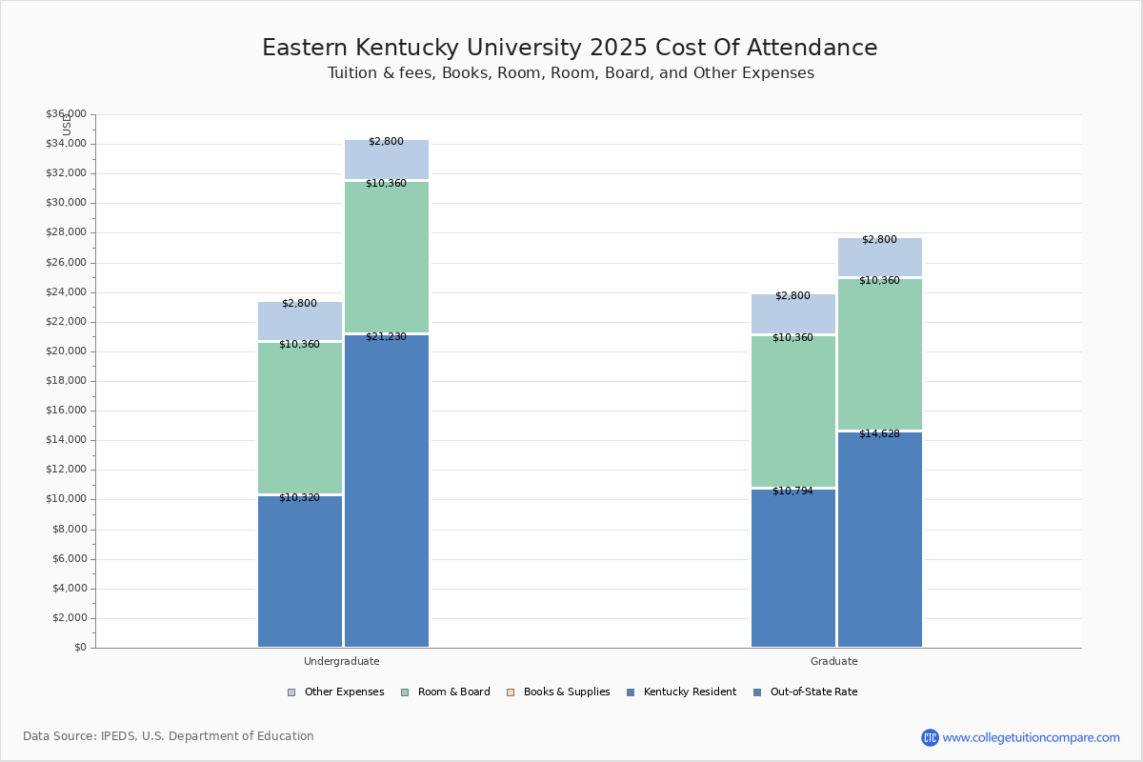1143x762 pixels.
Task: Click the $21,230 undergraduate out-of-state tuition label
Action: click(386, 337)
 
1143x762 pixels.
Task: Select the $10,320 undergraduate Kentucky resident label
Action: click(299, 498)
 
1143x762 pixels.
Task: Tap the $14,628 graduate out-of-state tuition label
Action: click(879, 434)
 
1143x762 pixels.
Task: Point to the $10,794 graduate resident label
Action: click(792, 491)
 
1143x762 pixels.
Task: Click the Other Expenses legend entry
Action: click(336, 692)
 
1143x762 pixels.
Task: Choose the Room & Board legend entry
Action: click(446, 692)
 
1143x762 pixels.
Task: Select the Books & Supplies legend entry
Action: click(559, 692)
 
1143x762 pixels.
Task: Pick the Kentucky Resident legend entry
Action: click(681, 692)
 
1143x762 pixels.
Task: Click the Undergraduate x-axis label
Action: click(342, 661)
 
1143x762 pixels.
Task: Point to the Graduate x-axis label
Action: click(834, 661)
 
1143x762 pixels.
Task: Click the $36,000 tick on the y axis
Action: click(66, 114)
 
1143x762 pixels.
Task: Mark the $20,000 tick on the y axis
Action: click(66, 351)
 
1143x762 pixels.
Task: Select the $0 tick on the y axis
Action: click(78, 648)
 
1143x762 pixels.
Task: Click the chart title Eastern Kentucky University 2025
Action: click(570, 49)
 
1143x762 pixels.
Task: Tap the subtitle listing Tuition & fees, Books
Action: click(571, 73)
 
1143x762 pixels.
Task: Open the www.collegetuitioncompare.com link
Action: click(1031, 737)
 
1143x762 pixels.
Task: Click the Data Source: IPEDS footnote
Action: click(169, 736)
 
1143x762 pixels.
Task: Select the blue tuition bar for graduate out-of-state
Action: click(880, 543)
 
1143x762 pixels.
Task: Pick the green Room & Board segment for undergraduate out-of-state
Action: click(387, 257)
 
